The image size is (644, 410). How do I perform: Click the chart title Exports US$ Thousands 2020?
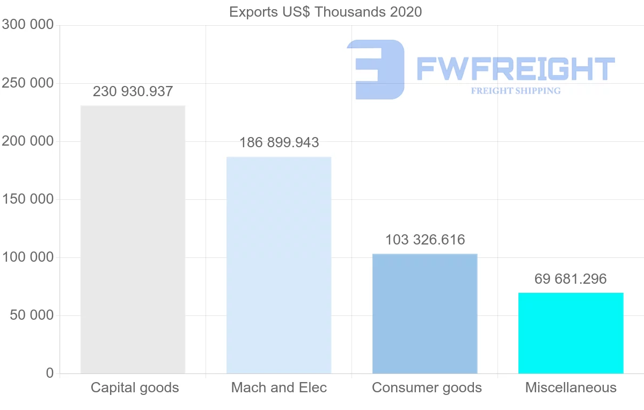pyautogui.click(x=325, y=11)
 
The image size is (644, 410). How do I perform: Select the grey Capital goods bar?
pyautogui.click(x=133, y=239)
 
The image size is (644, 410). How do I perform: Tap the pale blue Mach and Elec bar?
pyautogui.click(x=279, y=265)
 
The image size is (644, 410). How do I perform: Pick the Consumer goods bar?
pyautogui.click(x=425, y=313)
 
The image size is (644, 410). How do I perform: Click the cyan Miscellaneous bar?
pyautogui.click(x=570, y=333)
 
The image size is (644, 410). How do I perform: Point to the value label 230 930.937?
pyautogui.click(x=133, y=91)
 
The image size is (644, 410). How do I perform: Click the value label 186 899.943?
pyautogui.click(x=279, y=142)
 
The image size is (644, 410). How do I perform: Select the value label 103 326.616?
pyautogui.click(x=425, y=240)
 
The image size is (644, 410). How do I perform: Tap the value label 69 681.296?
pyautogui.click(x=570, y=279)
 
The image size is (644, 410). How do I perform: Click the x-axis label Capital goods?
pyautogui.click(x=135, y=387)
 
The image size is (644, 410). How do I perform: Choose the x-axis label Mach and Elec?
pyautogui.click(x=279, y=387)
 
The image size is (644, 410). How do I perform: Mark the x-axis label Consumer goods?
pyautogui.click(x=427, y=387)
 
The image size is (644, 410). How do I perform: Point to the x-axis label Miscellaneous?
pyautogui.click(x=570, y=387)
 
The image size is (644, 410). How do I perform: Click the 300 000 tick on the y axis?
pyautogui.click(x=28, y=25)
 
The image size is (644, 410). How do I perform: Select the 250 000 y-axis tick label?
pyautogui.click(x=28, y=83)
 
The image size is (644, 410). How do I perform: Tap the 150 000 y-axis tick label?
pyautogui.click(x=28, y=199)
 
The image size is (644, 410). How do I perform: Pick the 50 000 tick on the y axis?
pyautogui.click(x=32, y=315)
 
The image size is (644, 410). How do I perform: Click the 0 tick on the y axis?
pyautogui.click(x=50, y=373)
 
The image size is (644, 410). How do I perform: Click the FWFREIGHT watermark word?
pyautogui.click(x=515, y=69)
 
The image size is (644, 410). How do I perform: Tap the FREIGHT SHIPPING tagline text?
pyautogui.click(x=516, y=91)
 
